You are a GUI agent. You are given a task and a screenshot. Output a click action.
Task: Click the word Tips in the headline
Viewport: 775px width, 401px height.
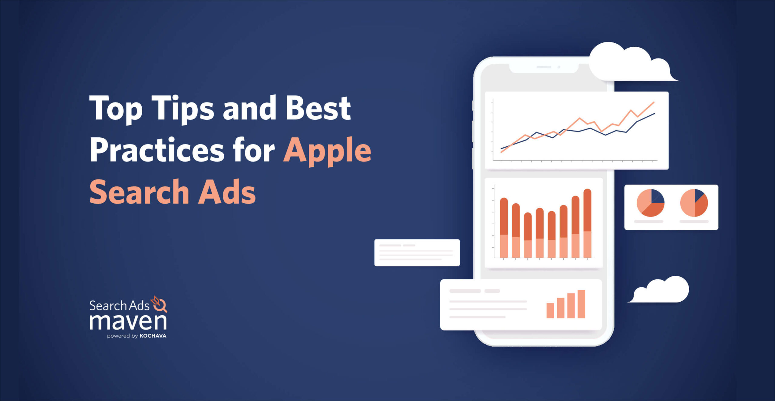pyautogui.click(x=183, y=109)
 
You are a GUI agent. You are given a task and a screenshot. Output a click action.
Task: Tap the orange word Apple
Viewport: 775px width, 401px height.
pyautogui.click(x=327, y=150)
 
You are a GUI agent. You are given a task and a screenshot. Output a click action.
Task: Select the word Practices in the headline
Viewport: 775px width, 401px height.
pyautogui.click(x=157, y=150)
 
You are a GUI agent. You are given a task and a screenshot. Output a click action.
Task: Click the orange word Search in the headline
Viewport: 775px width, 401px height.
pyautogui.click(x=139, y=192)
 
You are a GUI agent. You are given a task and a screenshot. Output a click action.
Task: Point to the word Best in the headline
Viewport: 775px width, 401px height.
pyautogui.click(x=318, y=109)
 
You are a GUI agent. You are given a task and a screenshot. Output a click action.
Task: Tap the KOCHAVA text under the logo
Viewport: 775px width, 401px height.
pyautogui.click(x=153, y=336)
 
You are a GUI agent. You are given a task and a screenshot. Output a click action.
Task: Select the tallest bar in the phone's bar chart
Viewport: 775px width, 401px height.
pyautogui.click(x=587, y=223)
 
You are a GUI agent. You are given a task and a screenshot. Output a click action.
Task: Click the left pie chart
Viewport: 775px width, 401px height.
pyautogui.click(x=650, y=203)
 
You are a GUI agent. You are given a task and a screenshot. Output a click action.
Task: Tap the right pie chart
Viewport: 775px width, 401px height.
pyautogui.click(x=694, y=203)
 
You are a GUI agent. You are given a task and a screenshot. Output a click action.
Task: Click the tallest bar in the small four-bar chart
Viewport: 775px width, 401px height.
pyautogui.click(x=581, y=304)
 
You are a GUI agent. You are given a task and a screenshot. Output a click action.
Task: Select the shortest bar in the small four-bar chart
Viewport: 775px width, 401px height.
pyautogui.click(x=550, y=310)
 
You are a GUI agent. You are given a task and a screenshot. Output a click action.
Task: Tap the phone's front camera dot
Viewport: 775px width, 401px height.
pyautogui.click(x=559, y=67)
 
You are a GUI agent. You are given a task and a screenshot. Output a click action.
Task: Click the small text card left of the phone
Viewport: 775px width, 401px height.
pyautogui.click(x=417, y=252)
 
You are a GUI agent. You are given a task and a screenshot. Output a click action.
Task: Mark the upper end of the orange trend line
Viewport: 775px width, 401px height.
pyautogui.click(x=654, y=102)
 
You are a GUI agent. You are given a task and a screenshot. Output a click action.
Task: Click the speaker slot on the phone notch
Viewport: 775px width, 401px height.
pyautogui.click(x=544, y=67)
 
